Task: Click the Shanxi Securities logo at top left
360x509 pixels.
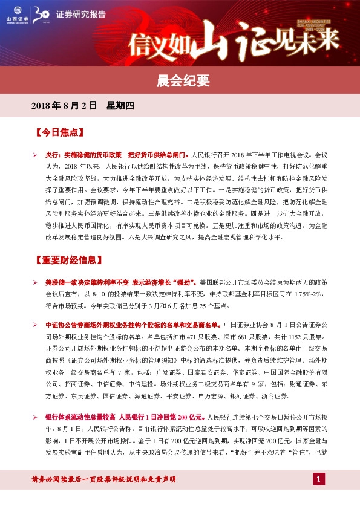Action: (x=13, y=14)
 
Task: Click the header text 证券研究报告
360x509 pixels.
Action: (x=80, y=14)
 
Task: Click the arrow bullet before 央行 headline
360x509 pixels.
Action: (x=35, y=155)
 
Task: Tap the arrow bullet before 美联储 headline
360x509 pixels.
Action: (x=35, y=283)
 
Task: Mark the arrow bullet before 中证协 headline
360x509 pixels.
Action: (x=35, y=325)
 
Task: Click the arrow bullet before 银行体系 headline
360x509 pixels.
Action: (x=35, y=418)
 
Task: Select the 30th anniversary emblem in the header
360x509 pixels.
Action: (x=41, y=14)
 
